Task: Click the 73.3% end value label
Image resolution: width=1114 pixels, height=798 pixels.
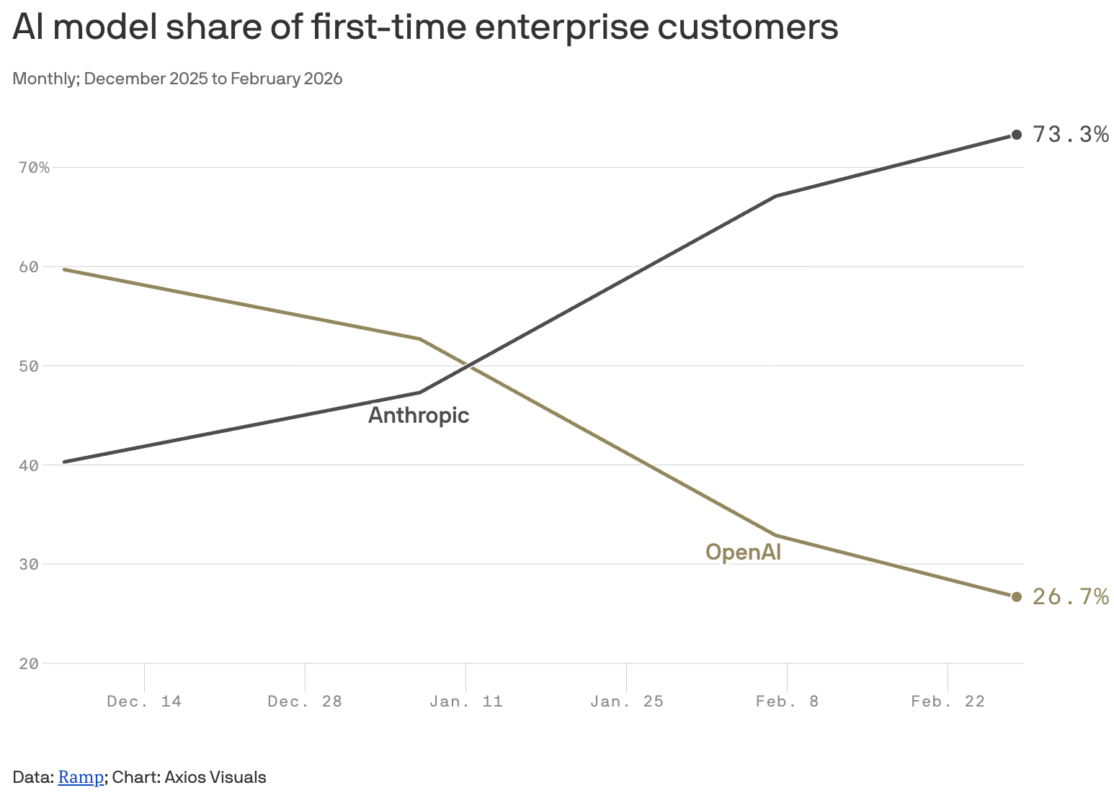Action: point(1070,135)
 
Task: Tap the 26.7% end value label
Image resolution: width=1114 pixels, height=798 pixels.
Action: point(1070,597)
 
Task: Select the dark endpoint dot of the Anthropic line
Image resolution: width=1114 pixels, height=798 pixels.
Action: point(1017,135)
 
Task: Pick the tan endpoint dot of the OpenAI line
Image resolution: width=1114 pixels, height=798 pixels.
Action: point(1017,596)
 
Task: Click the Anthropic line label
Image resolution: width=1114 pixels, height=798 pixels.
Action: point(419,416)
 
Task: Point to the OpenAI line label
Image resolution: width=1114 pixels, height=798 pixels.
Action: point(743,552)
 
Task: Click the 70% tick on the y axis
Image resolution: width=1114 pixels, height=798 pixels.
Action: point(34,168)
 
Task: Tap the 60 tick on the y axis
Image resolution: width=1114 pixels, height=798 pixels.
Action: point(29,267)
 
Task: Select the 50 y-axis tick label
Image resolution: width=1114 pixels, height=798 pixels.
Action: point(29,366)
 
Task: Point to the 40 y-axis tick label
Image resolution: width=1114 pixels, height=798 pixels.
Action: point(29,465)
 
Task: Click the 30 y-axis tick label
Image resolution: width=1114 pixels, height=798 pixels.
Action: point(29,565)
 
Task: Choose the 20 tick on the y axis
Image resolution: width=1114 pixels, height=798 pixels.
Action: point(29,663)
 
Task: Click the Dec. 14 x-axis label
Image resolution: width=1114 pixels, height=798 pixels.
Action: point(144,701)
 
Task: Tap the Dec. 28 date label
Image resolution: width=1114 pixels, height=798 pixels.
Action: point(305,701)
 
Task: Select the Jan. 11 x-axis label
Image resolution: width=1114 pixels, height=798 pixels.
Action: point(466,701)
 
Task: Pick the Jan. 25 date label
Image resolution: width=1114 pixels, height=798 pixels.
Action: point(627,701)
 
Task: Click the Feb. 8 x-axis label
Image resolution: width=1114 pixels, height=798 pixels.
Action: point(788,701)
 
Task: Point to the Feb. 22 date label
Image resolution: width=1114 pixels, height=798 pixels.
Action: point(948,701)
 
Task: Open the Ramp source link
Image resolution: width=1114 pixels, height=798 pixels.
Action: point(81,778)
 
